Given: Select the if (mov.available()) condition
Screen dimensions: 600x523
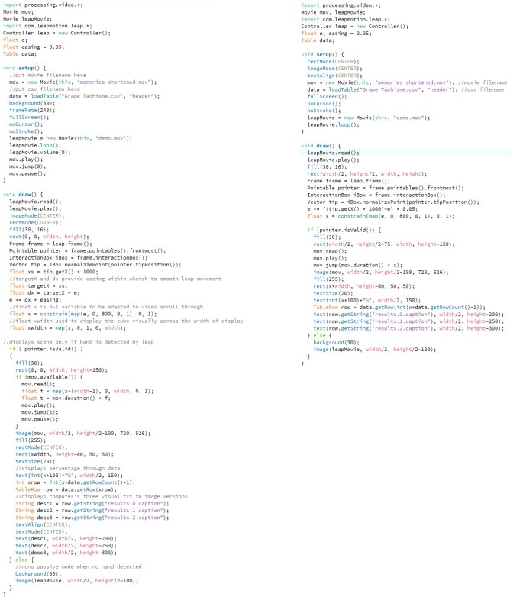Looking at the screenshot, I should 47,376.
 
